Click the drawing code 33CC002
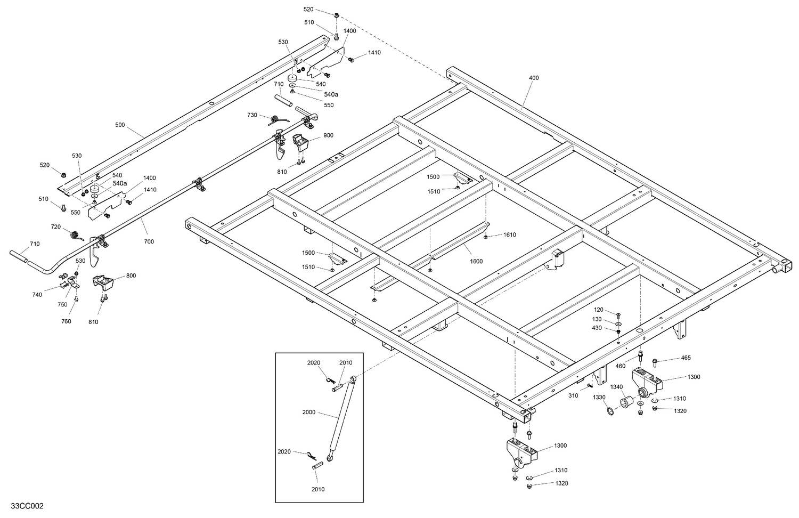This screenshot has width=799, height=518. pyautogui.click(x=23, y=506)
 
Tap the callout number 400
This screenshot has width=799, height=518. pyautogui.click(x=534, y=78)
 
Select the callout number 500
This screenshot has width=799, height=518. pyautogui.click(x=120, y=125)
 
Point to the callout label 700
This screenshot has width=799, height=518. pyautogui.click(x=149, y=241)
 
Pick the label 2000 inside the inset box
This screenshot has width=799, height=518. pyautogui.click(x=308, y=412)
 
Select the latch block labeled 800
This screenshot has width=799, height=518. pyautogui.click(x=103, y=282)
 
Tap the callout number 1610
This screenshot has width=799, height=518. pyautogui.click(x=509, y=235)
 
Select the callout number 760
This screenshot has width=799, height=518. pyautogui.click(x=66, y=321)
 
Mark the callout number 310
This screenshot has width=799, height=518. pyautogui.click(x=573, y=396)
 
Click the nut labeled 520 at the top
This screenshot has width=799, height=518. pyautogui.click(x=338, y=15)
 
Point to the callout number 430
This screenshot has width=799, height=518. pyautogui.click(x=597, y=328)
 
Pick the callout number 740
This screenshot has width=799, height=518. pyautogui.click(x=37, y=294)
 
